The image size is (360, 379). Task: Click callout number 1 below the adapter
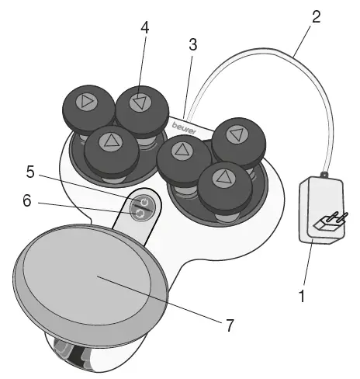(303, 295)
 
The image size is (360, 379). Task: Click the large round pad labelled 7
(92, 282)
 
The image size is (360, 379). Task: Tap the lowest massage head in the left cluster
(111, 142)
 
